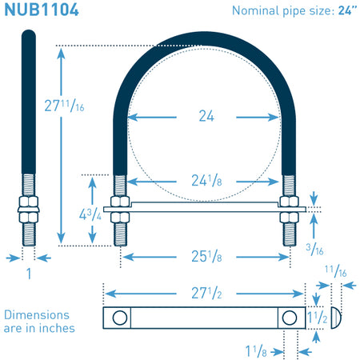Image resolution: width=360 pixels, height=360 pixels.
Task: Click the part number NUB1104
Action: tap(42, 10)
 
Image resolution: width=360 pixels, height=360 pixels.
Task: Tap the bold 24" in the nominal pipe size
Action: tap(347, 10)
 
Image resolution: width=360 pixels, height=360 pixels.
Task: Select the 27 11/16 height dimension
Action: tap(64, 106)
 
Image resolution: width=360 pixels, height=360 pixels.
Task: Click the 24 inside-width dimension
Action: tap(206, 116)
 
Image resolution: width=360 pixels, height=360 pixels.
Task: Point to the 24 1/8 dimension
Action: tap(206, 181)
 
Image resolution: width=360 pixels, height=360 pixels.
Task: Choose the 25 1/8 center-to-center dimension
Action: tap(206, 256)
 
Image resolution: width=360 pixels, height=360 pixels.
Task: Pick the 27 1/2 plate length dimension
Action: tap(206, 293)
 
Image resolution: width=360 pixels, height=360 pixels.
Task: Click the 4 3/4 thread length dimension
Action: tap(90, 214)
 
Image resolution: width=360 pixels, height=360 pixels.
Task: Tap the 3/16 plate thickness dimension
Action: tap(314, 249)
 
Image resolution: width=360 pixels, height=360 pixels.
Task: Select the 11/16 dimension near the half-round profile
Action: tap(336, 271)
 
